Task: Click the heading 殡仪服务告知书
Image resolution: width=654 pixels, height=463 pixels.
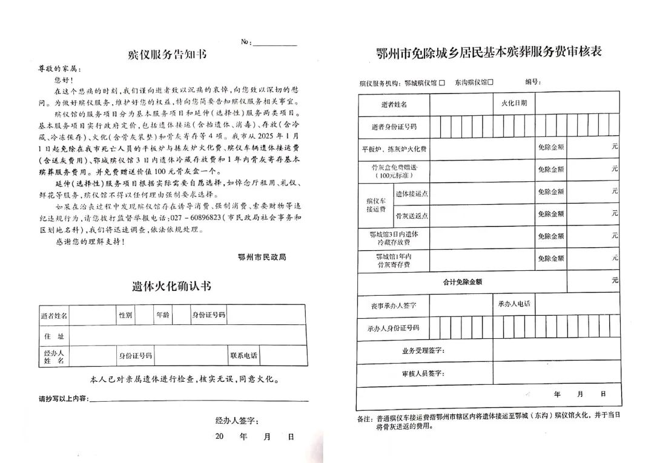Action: [168, 55]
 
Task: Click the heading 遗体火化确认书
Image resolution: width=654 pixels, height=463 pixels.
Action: [171, 286]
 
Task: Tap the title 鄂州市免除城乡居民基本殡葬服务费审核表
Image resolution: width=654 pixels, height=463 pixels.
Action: [489, 53]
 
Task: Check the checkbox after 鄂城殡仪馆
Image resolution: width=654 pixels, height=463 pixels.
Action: [442, 82]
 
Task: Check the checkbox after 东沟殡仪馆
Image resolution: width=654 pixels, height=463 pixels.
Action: [490, 82]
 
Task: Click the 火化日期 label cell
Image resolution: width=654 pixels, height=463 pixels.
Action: [514, 103]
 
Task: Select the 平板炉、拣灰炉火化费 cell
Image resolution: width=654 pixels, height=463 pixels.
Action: [394, 148]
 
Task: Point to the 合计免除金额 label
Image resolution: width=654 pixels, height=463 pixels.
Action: [463, 282]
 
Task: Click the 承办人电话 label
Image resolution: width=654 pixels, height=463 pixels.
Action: [514, 304]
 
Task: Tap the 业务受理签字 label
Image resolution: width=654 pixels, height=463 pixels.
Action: [423, 351]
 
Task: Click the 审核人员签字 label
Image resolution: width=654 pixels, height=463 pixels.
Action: [423, 373]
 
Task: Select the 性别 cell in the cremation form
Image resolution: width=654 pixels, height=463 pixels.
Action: [125, 315]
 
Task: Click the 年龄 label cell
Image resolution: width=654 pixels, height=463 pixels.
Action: [163, 315]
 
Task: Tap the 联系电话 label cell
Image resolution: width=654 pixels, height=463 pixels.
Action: [243, 355]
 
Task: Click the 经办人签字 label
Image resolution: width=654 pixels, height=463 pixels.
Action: [237, 421]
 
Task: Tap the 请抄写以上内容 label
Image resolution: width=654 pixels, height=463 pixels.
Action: [63, 399]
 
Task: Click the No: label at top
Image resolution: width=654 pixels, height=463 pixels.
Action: [246, 42]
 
